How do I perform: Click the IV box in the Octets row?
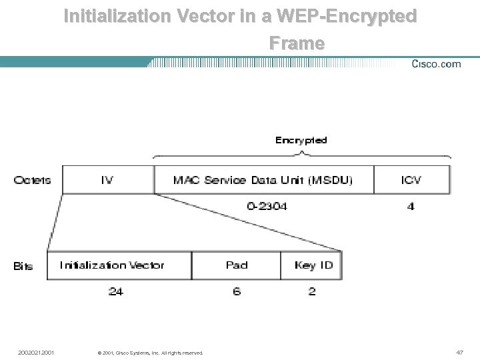point(107,180)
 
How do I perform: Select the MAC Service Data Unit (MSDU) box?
point(263,180)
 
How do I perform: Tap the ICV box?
point(411,180)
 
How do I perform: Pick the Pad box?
point(236,265)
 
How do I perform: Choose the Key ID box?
point(311,265)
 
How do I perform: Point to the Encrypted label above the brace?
point(301,140)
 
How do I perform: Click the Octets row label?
point(32,180)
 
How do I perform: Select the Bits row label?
point(23,266)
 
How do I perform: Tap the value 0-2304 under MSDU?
point(267,207)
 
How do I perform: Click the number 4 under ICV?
point(411,207)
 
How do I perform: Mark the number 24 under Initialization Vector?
point(115,291)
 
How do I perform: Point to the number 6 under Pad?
point(237,291)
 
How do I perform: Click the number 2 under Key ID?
point(311,291)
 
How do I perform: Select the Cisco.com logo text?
point(436,64)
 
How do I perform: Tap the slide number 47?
point(459,352)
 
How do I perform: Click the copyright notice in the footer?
point(150,353)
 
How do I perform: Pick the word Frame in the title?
point(297,43)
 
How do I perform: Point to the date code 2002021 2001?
point(37,352)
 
